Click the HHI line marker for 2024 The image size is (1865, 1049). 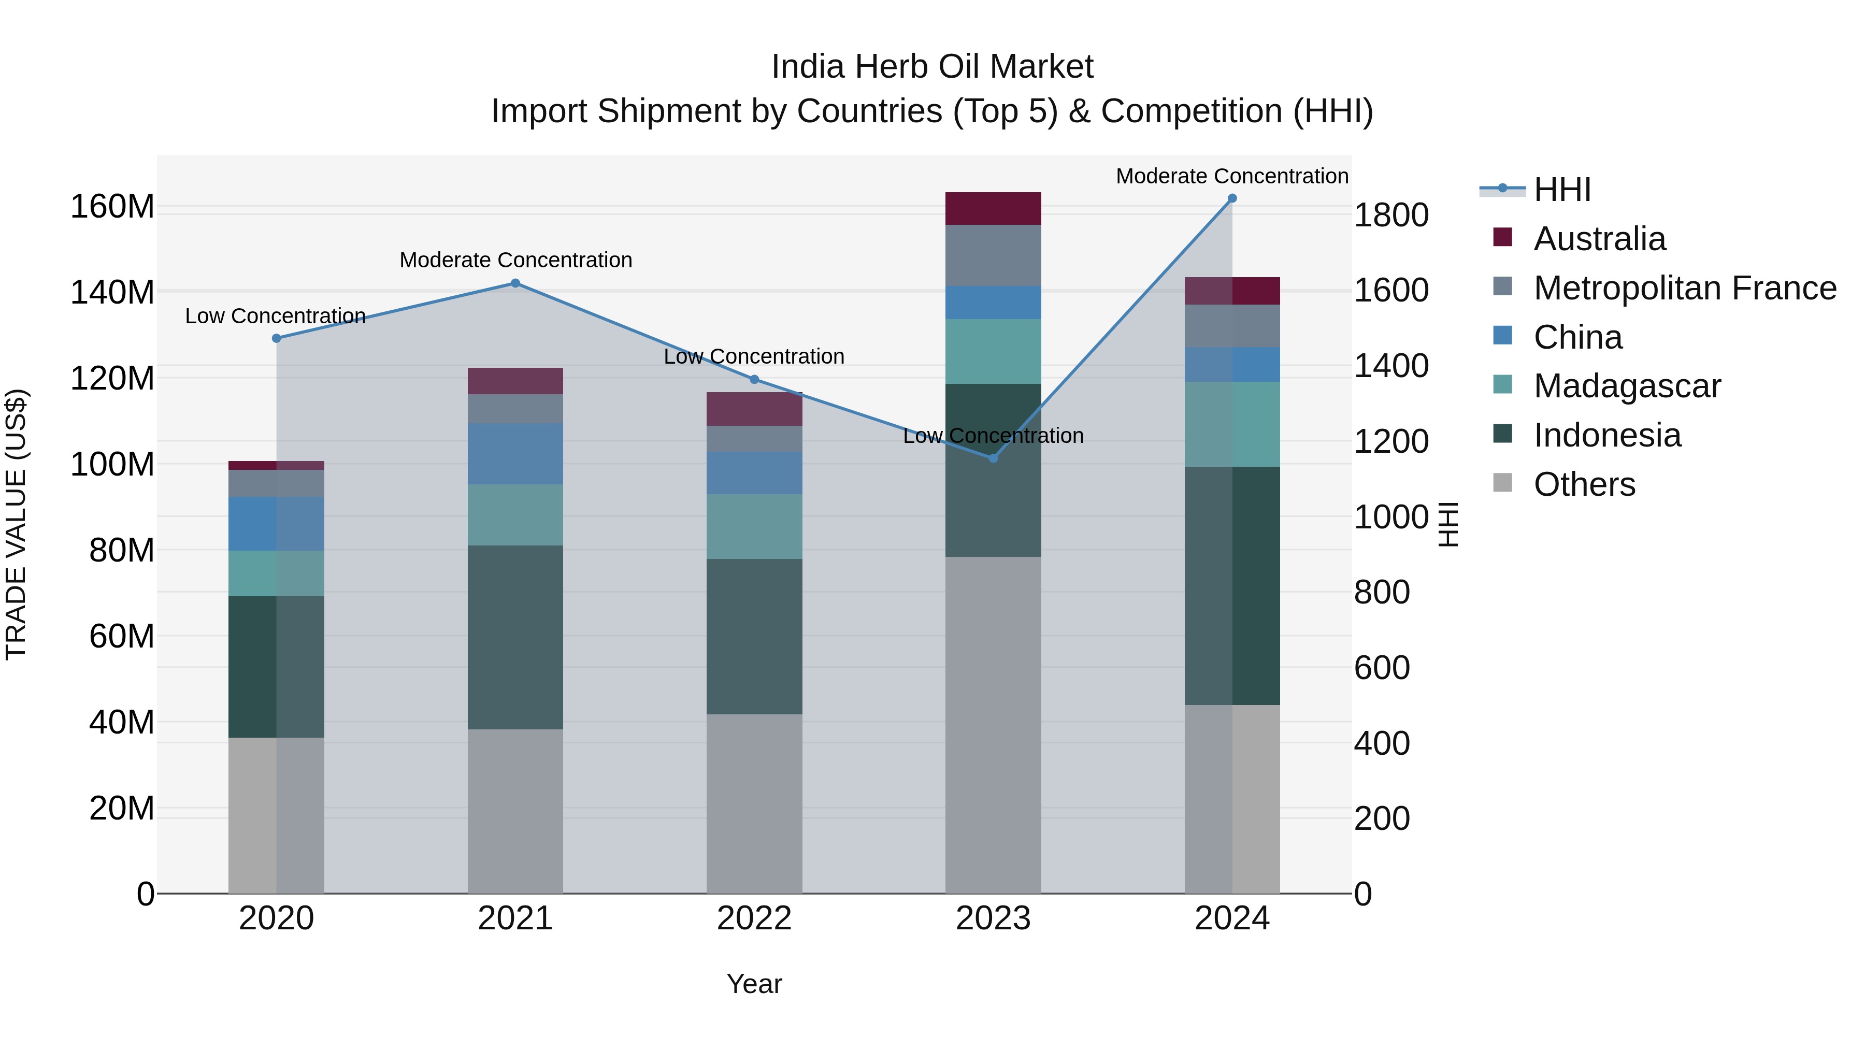pos(1232,198)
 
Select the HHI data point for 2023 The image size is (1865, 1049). pos(993,458)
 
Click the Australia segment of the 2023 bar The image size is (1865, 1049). pos(993,208)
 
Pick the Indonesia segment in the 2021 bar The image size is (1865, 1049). pos(515,637)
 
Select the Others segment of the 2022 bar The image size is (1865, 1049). pos(754,803)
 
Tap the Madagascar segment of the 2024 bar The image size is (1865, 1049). pos(1232,424)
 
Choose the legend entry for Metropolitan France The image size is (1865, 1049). pos(1684,288)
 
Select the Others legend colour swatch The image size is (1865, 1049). pos(1502,483)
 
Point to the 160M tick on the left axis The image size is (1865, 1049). pos(112,207)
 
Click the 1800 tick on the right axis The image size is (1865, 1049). pos(1391,215)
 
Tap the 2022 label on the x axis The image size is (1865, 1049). pos(754,918)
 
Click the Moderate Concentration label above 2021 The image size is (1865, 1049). pos(515,260)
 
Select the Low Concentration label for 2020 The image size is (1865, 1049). pos(275,317)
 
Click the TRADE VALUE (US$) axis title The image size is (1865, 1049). pos(16,524)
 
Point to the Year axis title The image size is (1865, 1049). pos(754,984)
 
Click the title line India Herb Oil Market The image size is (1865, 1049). pos(932,67)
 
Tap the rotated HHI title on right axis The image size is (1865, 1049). pos(1447,524)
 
